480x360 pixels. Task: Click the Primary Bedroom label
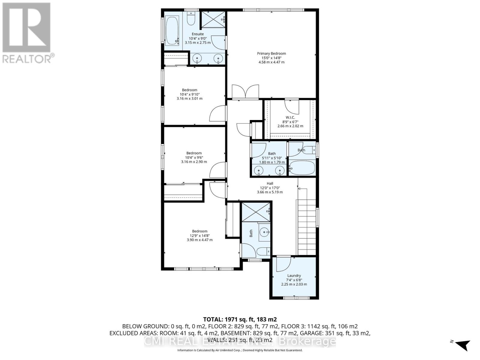[x=271, y=54]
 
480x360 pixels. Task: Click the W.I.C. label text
[x=290, y=117]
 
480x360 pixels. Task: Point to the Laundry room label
[x=294, y=276]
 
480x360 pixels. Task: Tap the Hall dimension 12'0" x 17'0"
[x=270, y=188]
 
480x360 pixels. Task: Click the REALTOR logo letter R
[x=26, y=28]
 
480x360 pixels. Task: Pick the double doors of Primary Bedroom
[x=245, y=92]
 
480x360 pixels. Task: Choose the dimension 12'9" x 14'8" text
[x=199, y=235]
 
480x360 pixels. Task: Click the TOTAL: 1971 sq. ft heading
[x=240, y=319]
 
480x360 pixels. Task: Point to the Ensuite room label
[x=198, y=34]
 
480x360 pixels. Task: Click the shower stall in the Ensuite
[x=213, y=19]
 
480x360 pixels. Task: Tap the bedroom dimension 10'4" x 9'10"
[x=189, y=94]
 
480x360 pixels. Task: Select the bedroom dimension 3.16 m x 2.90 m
[x=194, y=162]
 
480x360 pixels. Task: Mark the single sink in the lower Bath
[x=264, y=232]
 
